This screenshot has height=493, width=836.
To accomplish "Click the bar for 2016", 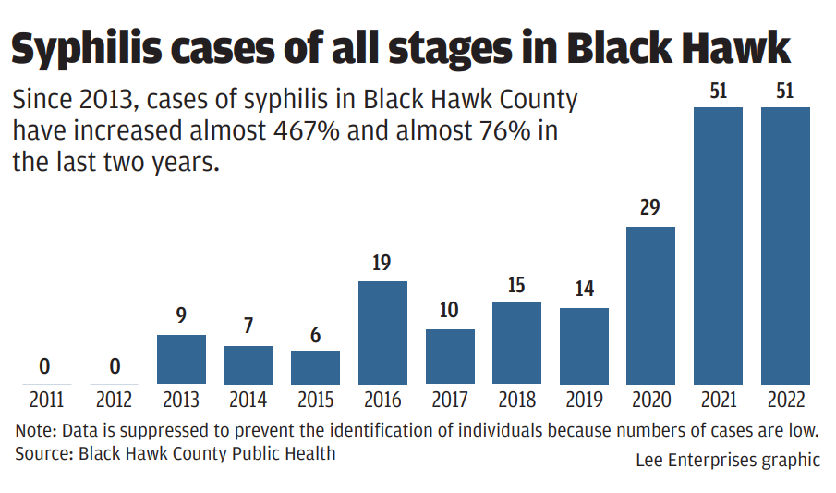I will [382, 332].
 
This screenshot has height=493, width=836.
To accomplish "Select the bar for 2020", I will [650, 305].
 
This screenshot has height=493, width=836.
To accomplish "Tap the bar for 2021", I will [718, 245].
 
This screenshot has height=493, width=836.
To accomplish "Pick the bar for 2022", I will [785, 245].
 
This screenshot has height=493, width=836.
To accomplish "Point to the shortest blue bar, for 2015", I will [315, 367].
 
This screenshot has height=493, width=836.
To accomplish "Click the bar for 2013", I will [181, 359].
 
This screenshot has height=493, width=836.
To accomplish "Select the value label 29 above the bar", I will [650, 207].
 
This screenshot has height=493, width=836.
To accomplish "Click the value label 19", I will [382, 263].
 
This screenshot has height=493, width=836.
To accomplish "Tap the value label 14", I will [584, 290].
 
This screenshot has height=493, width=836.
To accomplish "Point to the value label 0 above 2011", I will [44, 367].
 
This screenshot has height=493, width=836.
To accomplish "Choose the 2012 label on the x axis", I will [114, 401].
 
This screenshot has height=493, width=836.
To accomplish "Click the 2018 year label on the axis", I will [516, 401].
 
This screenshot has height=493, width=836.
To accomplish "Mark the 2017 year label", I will [450, 401].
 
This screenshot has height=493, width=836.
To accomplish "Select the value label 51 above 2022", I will [785, 90].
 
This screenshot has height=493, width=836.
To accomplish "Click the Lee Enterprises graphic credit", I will [727, 460].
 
